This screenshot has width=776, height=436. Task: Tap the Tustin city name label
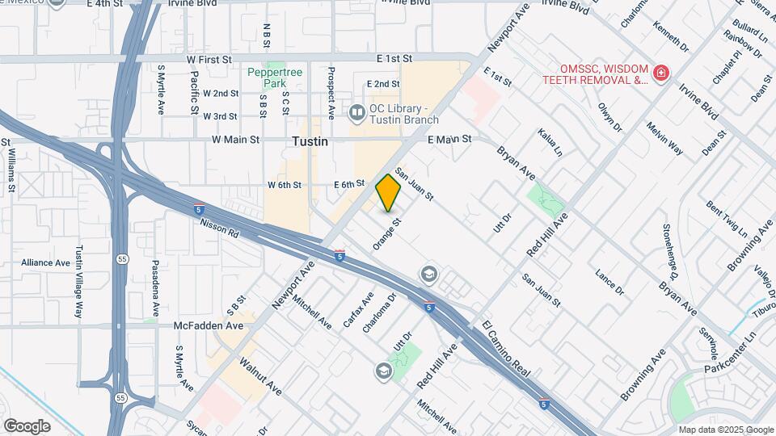point(310,141)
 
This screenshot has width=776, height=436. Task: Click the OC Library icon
point(356,111)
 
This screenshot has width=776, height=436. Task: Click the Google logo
point(27,426)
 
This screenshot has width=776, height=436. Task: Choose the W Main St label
point(235,140)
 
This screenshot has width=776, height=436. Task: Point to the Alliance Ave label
point(46,262)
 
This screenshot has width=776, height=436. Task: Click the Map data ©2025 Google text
point(725,430)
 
